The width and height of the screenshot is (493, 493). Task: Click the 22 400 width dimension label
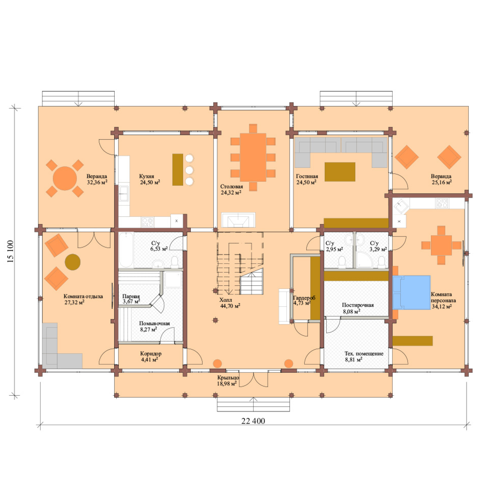(x=253, y=421)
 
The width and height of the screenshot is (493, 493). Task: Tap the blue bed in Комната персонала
(x=411, y=292)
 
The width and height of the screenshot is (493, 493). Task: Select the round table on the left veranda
(x=65, y=178)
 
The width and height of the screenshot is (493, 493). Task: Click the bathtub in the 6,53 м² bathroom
(x=126, y=250)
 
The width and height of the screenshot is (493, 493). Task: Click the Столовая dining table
(x=253, y=157)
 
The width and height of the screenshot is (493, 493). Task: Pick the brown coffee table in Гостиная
(x=340, y=172)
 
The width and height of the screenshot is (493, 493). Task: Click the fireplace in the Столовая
(x=238, y=220)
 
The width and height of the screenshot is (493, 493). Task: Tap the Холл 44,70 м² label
(x=230, y=303)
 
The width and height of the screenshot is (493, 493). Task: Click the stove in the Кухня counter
(x=147, y=222)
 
